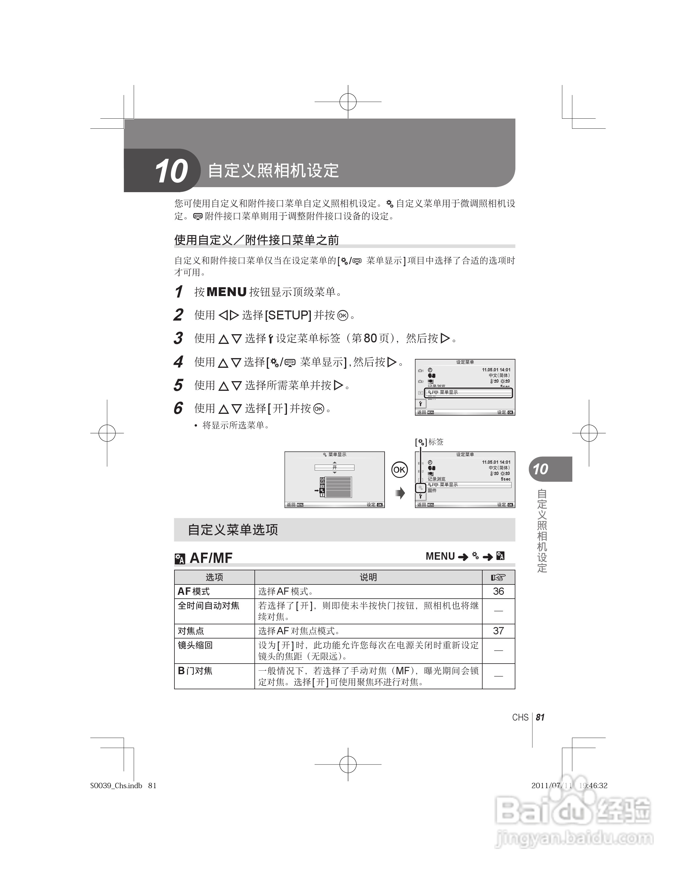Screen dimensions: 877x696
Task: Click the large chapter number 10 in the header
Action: (x=171, y=171)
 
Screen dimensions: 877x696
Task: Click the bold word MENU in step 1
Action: (x=227, y=292)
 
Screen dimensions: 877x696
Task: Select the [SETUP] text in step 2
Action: (x=288, y=315)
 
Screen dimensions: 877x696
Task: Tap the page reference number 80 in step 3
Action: (x=370, y=339)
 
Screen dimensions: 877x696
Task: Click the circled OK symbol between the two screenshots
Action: (x=399, y=470)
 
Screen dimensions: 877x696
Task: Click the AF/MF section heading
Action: (x=211, y=558)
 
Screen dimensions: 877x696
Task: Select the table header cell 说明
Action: (x=368, y=577)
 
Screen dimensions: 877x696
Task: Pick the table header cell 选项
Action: (x=214, y=577)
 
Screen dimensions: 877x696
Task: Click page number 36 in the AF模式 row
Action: (x=498, y=592)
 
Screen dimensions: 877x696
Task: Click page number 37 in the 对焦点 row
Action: (x=498, y=631)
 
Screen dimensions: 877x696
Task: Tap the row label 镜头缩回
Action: (x=195, y=645)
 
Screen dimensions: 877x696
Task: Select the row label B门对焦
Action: (x=195, y=671)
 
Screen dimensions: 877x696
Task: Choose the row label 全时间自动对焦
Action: (x=208, y=606)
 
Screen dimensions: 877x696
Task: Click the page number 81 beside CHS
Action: (x=540, y=718)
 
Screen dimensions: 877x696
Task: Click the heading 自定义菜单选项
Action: (x=233, y=530)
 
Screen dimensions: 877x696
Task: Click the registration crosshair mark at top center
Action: (x=348, y=102)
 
